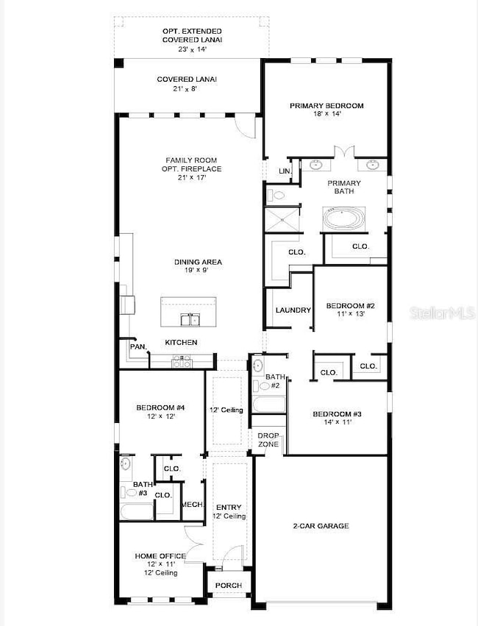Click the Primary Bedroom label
pos(327,106)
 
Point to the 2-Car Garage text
pos(321,526)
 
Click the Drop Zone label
pos(268,441)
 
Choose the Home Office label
pos(160,556)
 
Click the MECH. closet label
pos(192,505)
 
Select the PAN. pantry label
pos(138,346)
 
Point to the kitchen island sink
pos(189,319)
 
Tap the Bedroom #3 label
pos(337,413)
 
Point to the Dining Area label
pos(198,262)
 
